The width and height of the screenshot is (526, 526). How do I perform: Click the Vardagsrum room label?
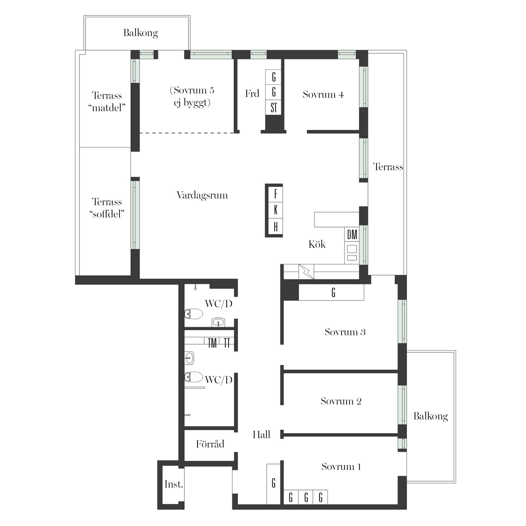202,195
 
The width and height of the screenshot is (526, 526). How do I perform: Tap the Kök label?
317,244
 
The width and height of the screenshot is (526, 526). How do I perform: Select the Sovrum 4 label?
323,95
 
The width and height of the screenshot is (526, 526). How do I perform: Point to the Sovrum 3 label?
345,332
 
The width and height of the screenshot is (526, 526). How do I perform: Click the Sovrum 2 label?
341,401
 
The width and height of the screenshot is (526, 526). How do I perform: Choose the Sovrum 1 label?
341,467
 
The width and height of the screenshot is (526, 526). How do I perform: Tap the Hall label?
261,434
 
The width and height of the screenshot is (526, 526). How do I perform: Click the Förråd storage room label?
210,444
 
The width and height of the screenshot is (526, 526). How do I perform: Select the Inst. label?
174,484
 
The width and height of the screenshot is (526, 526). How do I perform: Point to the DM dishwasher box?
352,235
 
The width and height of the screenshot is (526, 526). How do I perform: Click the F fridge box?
276,194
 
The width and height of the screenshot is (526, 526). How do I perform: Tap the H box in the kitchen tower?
276,227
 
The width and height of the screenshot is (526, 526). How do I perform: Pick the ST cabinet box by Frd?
273,107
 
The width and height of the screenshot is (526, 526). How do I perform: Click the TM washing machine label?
212,343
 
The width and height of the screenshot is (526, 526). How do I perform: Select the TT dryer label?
227,343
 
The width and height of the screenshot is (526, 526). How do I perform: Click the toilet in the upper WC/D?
193,314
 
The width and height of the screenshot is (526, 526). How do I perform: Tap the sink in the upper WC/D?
218,322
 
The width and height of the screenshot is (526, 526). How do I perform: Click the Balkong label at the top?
141,33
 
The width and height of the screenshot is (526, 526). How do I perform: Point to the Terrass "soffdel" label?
107,208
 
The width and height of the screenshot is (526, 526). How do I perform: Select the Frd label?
252,94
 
